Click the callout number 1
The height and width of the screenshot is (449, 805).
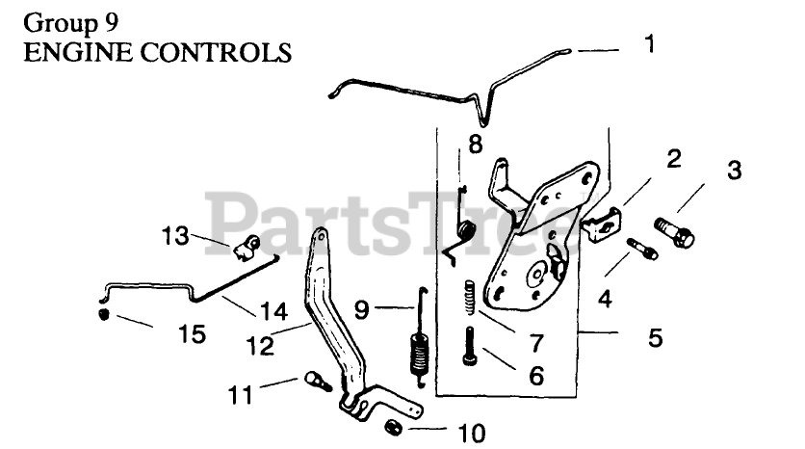(x=650, y=44)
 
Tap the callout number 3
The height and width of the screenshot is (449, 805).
(x=734, y=172)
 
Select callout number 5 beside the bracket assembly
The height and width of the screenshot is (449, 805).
(x=654, y=338)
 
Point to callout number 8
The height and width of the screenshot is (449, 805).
(x=475, y=145)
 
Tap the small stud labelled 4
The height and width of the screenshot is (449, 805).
(x=641, y=248)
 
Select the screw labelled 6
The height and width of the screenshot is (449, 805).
(x=469, y=346)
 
